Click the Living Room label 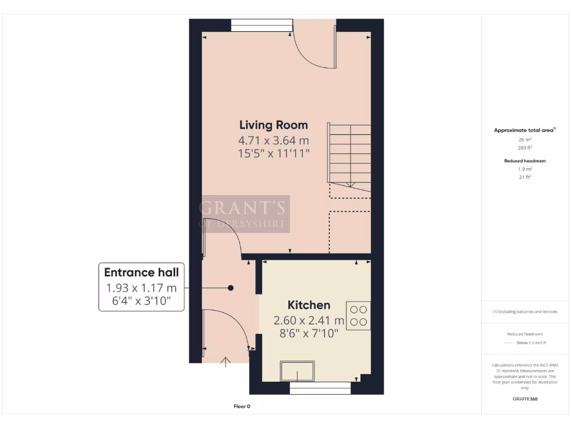pos(273,125)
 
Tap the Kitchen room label pos(308,305)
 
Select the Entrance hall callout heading pos(142,273)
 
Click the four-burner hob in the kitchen pos(358,315)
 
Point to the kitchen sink pos(297,371)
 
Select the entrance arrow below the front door pos(226,363)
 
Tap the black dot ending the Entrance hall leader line pos(230,288)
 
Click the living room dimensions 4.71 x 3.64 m pos(273,140)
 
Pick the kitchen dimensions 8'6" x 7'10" pos(308,334)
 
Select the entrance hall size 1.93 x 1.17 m pos(142,288)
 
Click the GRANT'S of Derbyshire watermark pos(244,214)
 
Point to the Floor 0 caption pos(241,406)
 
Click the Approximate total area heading pos(524,130)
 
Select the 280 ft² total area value pos(525,148)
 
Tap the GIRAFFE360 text pos(525,399)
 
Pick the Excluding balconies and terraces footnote pos(525,312)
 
